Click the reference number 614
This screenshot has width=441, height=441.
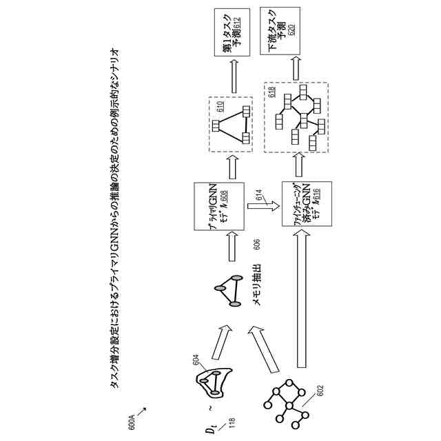pos(260,198)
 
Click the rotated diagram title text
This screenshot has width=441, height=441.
pos(115,220)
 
